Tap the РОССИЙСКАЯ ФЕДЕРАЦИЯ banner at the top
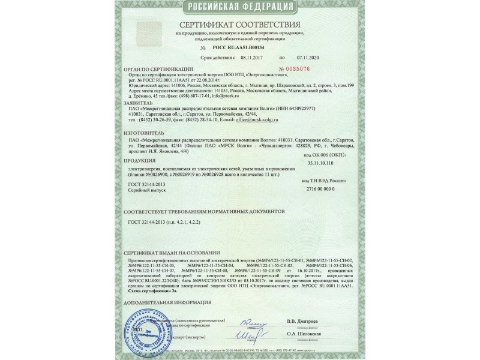pyautogui.click(x=239, y=7)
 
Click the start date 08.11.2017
pyautogui.click(x=252, y=58)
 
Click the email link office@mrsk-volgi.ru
pyautogui.click(x=257, y=120)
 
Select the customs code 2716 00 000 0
pyautogui.click(x=336, y=188)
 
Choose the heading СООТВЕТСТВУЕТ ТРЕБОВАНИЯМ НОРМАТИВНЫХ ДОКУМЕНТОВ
pyautogui.click(x=207, y=212)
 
